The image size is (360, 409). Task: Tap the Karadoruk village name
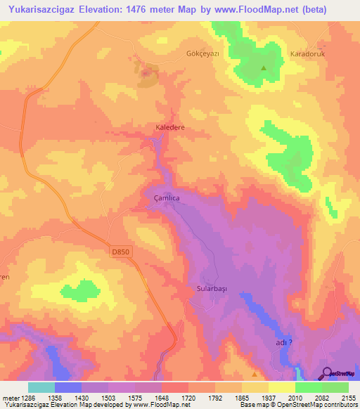(x=310, y=53)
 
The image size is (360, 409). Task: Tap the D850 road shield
(x=121, y=251)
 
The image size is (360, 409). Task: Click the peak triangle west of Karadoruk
(x=264, y=68)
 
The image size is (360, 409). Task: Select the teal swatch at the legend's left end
(x=41, y=387)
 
